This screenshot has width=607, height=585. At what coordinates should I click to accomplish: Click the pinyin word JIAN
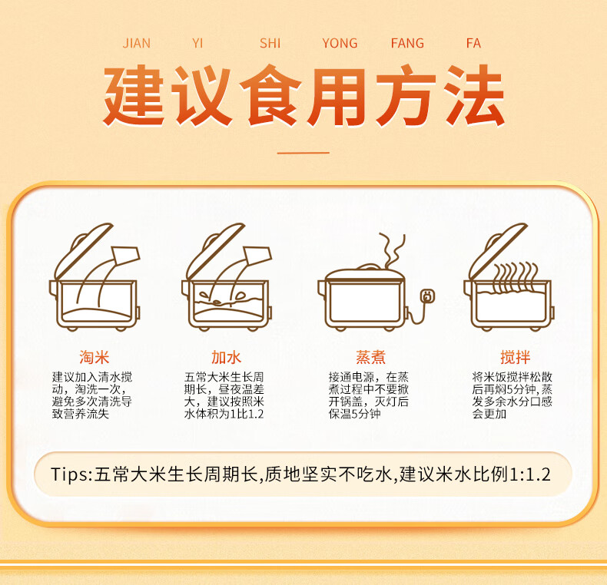137,43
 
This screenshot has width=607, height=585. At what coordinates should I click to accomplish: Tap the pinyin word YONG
340,43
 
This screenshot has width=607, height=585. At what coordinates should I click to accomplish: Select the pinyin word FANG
407,43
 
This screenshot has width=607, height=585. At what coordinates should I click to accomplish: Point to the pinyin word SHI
270,43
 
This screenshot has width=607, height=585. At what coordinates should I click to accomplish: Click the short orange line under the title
303,153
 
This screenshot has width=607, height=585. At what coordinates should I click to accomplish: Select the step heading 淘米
94,357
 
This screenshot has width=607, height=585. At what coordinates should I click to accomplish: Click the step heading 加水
226,357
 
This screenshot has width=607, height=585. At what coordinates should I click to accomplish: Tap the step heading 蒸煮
371,357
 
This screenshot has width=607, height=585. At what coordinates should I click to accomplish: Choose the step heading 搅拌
516,357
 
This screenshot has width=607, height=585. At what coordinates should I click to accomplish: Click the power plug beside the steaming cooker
427,296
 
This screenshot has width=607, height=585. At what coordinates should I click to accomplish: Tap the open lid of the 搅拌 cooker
497,251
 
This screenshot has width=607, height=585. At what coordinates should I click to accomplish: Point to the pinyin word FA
473,43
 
